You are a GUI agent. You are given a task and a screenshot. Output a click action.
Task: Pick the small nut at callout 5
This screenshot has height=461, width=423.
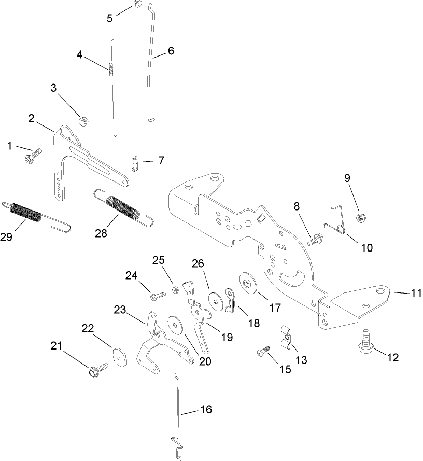[137, 4]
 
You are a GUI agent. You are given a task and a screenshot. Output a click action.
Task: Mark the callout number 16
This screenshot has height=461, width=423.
[206, 410]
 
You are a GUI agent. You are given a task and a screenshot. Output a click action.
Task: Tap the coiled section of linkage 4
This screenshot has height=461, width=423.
[111, 68]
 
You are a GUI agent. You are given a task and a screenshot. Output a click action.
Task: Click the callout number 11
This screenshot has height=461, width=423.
[416, 293]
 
